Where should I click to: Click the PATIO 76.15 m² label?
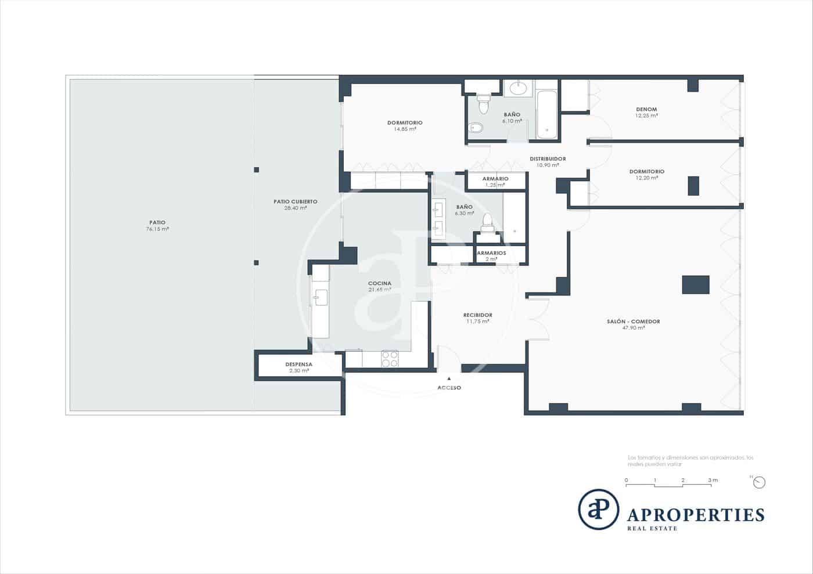coord(157,226)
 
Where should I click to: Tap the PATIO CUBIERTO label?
coord(295,204)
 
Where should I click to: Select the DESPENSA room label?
coord(298,367)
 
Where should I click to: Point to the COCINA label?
coord(379,286)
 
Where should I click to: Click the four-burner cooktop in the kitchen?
coord(390,359)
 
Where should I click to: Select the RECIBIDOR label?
coord(477,318)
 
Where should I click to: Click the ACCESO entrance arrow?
coord(449,378)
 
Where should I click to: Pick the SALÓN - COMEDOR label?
coord(633,324)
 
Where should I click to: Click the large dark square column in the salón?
coord(695,284)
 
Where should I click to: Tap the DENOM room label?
coord(646,112)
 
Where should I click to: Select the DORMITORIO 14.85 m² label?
coord(405,125)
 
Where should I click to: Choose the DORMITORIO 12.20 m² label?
coord(646,174)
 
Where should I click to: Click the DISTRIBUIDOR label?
coord(547,161)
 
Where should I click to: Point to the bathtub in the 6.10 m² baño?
coord(546,114)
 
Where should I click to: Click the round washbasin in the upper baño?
coord(517,88)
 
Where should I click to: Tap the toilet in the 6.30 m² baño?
coord(487,221)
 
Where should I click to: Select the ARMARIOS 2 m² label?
coord(491,256)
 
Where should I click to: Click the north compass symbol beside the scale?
coord(759,482)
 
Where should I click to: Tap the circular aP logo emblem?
coord(598,510)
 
